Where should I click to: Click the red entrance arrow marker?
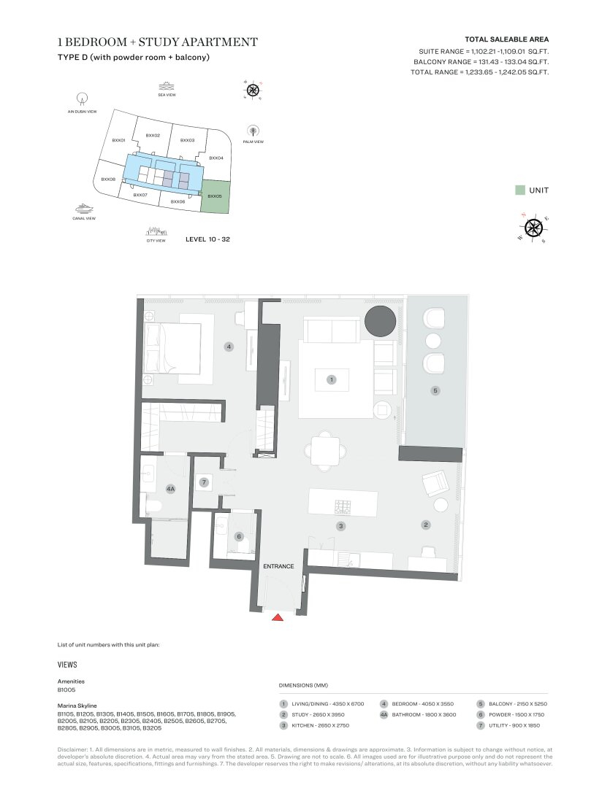click(x=278, y=617)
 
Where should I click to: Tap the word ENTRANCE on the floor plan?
click(x=278, y=566)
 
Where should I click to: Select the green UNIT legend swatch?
click(x=519, y=190)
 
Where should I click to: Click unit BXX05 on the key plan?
click(x=215, y=196)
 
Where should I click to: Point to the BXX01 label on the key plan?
click(x=119, y=140)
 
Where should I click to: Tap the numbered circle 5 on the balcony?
click(x=435, y=391)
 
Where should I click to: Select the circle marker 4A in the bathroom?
click(x=171, y=490)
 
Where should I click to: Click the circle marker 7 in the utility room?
click(x=205, y=482)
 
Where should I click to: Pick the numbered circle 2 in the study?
click(x=425, y=524)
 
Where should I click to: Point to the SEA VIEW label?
click(x=167, y=95)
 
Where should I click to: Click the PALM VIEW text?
click(x=253, y=142)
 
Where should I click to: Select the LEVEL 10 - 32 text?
click(x=208, y=239)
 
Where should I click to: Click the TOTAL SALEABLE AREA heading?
click(x=506, y=39)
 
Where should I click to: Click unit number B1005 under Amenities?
click(x=66, y=689)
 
